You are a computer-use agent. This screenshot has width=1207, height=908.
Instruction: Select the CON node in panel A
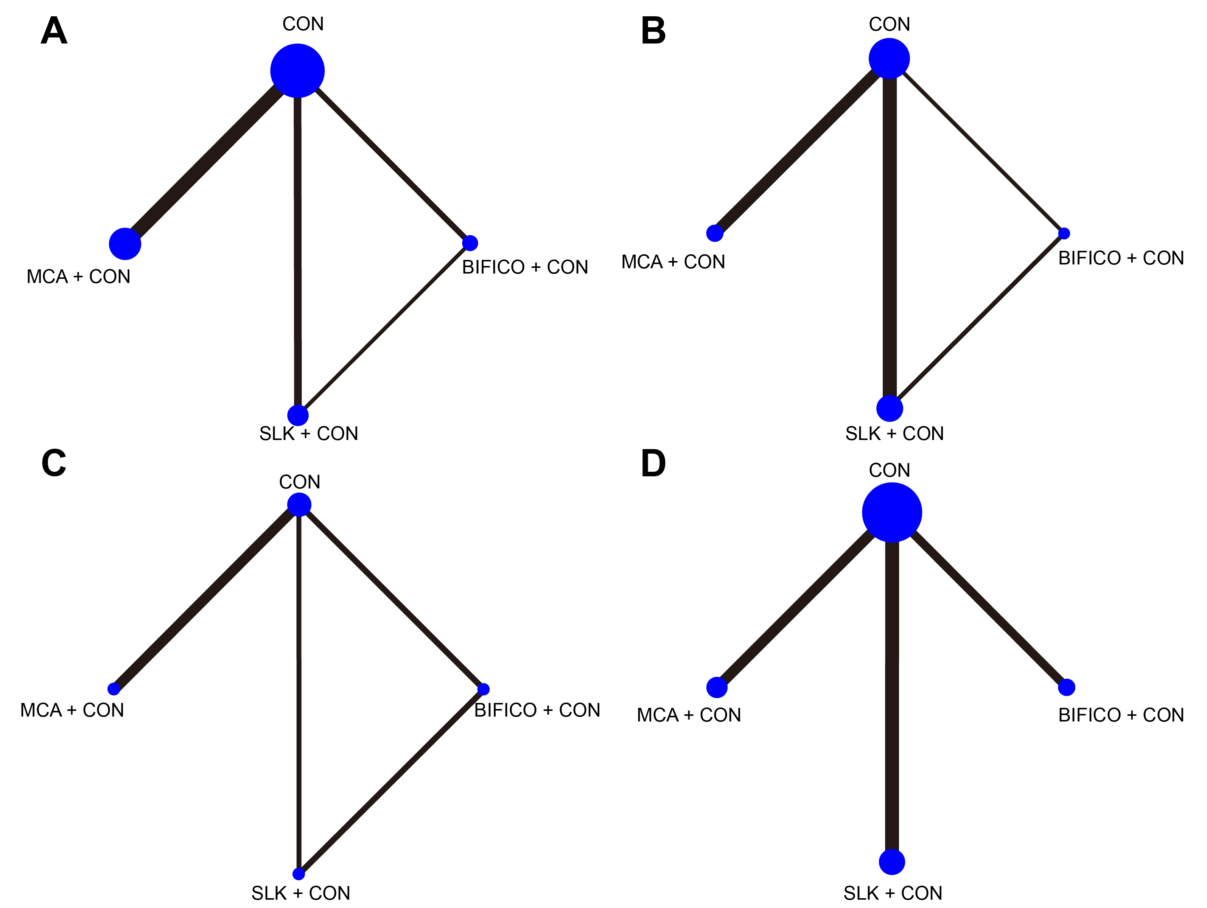297,71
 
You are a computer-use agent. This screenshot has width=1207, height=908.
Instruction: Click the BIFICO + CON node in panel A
470,243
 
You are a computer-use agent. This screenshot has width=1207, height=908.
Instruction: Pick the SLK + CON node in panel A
298,415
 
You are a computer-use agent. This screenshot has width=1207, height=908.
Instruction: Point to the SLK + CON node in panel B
890,408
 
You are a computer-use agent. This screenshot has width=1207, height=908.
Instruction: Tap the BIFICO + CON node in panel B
1064,233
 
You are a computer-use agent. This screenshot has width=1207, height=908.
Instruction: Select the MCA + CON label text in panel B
673,262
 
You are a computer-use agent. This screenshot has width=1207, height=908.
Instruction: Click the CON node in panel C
299,504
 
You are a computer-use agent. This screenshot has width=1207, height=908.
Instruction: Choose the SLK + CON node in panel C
299,874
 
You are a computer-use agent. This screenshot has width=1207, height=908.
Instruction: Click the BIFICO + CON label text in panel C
537,710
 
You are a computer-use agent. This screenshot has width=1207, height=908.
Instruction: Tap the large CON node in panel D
891,512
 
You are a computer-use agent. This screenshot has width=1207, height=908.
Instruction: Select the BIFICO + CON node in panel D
1066,687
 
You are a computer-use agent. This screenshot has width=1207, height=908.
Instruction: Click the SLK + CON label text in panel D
893,893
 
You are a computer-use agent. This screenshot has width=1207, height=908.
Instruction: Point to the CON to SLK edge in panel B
890,235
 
